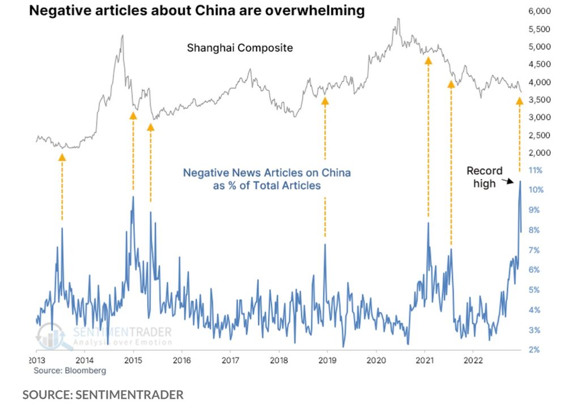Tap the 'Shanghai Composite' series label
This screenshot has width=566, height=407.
click(240, 48)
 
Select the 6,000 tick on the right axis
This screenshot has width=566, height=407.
click(539, 11)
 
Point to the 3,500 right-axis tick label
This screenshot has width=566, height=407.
click(539, 100)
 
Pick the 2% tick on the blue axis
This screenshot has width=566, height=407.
click(535, 350)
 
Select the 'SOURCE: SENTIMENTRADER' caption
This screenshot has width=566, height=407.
click(103, 395)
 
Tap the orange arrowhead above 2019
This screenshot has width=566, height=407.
click(325, 101)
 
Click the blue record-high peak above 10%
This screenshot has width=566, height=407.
click(520, 181)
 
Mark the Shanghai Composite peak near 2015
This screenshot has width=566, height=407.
click(122, 35)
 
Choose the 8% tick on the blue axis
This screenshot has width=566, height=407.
click(535, 230)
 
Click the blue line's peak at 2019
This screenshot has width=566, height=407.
click(325, 244)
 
